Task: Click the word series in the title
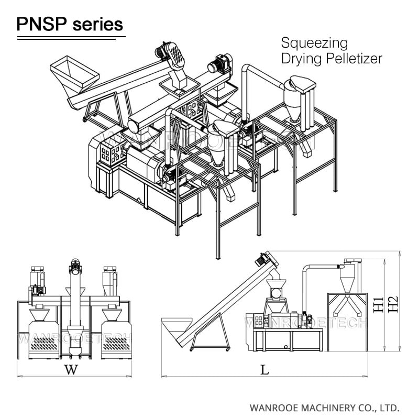(x=97, y=24)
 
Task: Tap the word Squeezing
(x=314, y=42)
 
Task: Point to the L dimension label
(x=265, y=370)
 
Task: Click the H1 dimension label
(x=378, y=303)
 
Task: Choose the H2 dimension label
(x=393, y=303)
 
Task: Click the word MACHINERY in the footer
(x=311, y=407)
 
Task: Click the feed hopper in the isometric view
(x=74, y=73)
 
